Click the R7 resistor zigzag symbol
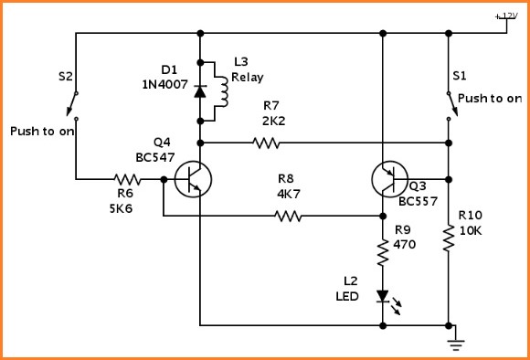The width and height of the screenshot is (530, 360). click(x=266, y=143)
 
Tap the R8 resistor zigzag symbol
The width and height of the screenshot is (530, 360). click(x=288, y=217)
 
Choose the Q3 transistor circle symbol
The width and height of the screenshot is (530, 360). click(x=390, y=179)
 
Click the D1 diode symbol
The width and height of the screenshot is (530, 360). click(x=199, y=91)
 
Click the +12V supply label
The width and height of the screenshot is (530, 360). click(x=505, y=16)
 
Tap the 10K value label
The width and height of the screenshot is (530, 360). click(x=472, y=231)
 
